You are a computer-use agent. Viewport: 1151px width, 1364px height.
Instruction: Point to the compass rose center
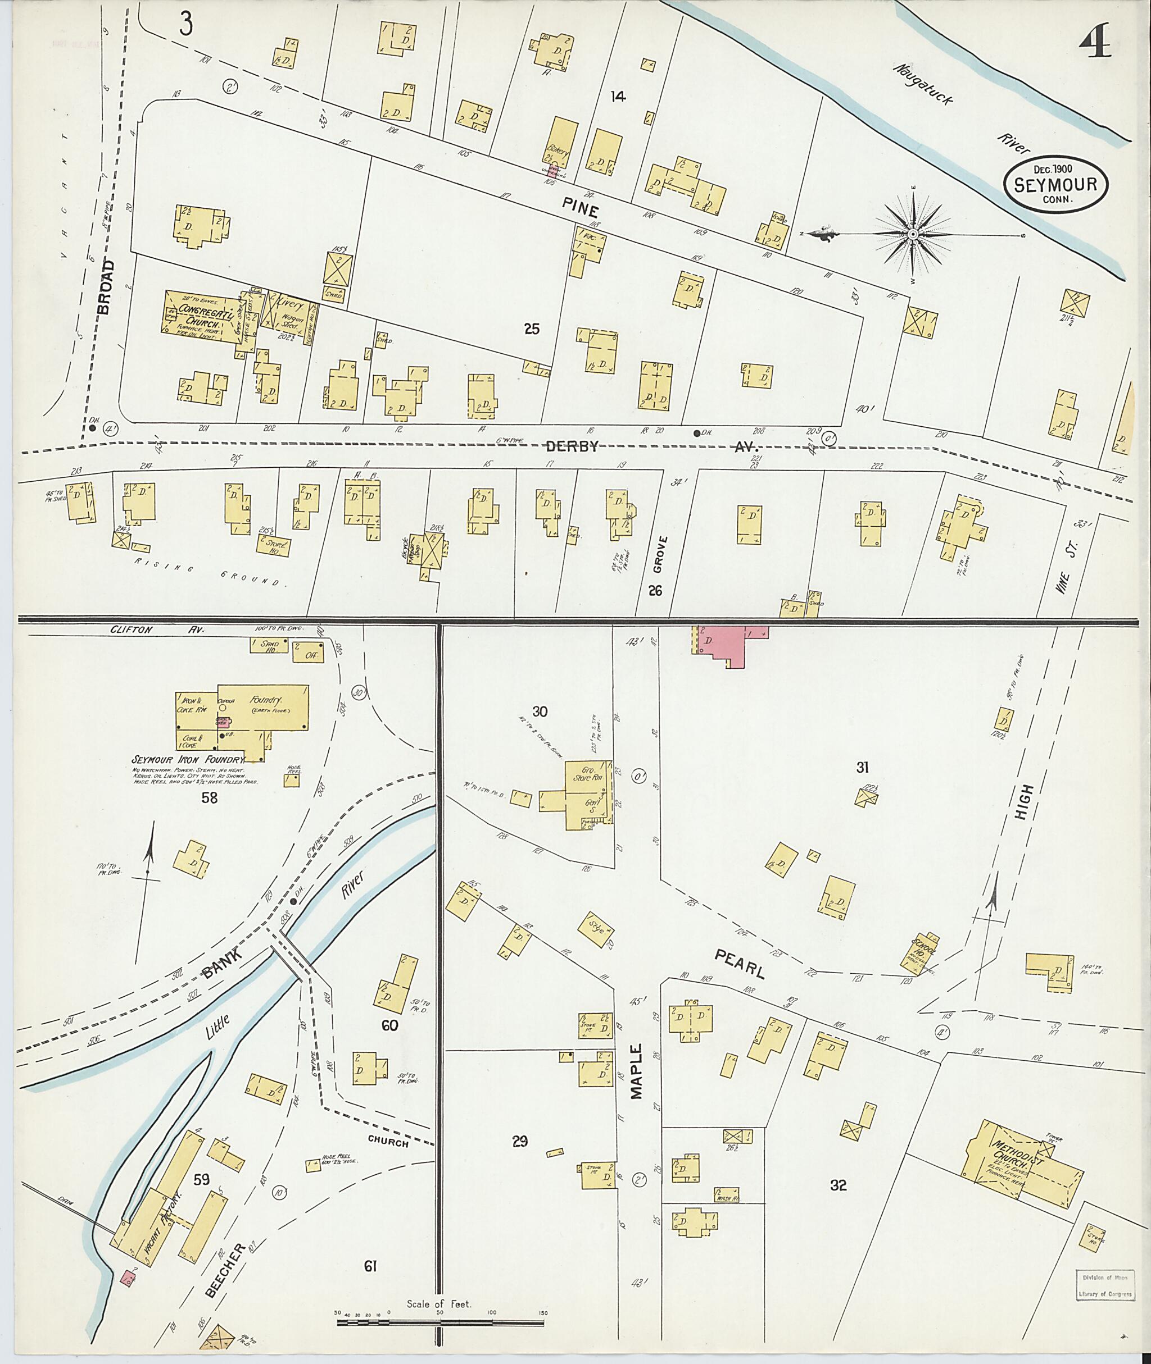[x=913, y=234]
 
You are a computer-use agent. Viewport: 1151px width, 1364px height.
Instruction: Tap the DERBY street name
[x=572, y=446]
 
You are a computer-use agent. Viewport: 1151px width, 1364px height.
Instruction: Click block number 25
[x=532, y=329]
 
